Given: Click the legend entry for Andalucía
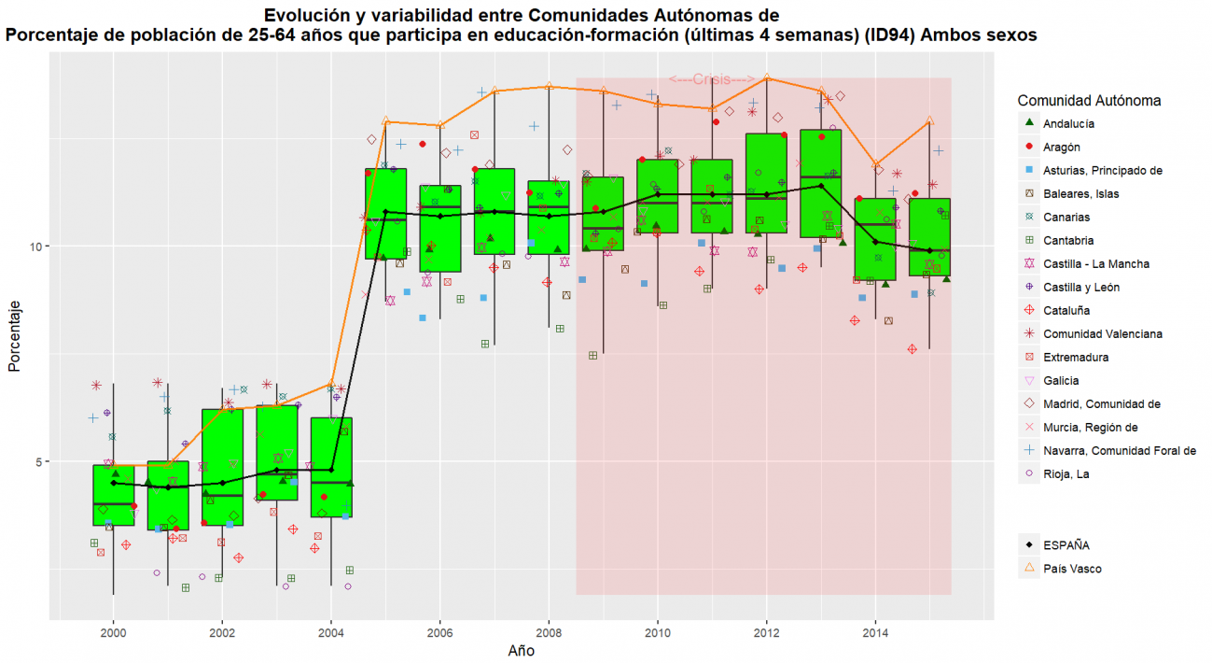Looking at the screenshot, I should click(x=1069, y=123).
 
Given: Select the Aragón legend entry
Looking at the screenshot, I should click(x=1063, y=147).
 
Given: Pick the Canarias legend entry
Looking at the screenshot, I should click(x=1067, y=217).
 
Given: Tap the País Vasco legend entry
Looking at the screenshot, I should click(x=1072, y=568).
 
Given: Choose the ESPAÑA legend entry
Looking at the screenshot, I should click(x=1066, y=545).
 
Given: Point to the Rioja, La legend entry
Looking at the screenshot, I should click(x=1067, y=473).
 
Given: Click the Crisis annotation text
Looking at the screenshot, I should click(x=712, y=80).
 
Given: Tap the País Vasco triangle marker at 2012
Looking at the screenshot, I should click(x=767, y=78).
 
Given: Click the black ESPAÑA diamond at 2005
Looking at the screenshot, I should click(x=385, y=212).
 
